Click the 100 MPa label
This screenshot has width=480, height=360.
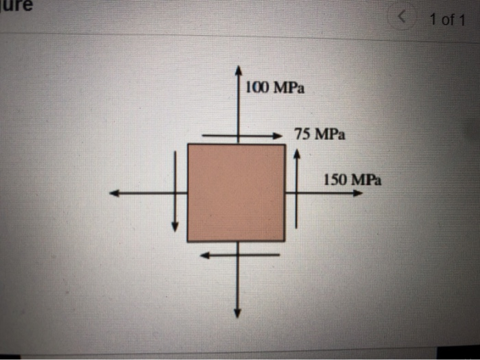275,88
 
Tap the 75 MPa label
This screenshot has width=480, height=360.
320,134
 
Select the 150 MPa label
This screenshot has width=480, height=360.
352,180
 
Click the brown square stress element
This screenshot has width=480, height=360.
237,193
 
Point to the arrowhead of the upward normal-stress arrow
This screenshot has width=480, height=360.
238,70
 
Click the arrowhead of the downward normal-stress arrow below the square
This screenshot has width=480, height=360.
237,313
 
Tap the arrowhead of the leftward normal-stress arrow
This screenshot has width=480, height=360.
115,193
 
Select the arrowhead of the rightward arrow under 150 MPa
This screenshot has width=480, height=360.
358,193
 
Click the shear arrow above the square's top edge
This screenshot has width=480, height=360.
242,136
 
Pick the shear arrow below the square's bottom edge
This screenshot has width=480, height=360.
240,254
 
